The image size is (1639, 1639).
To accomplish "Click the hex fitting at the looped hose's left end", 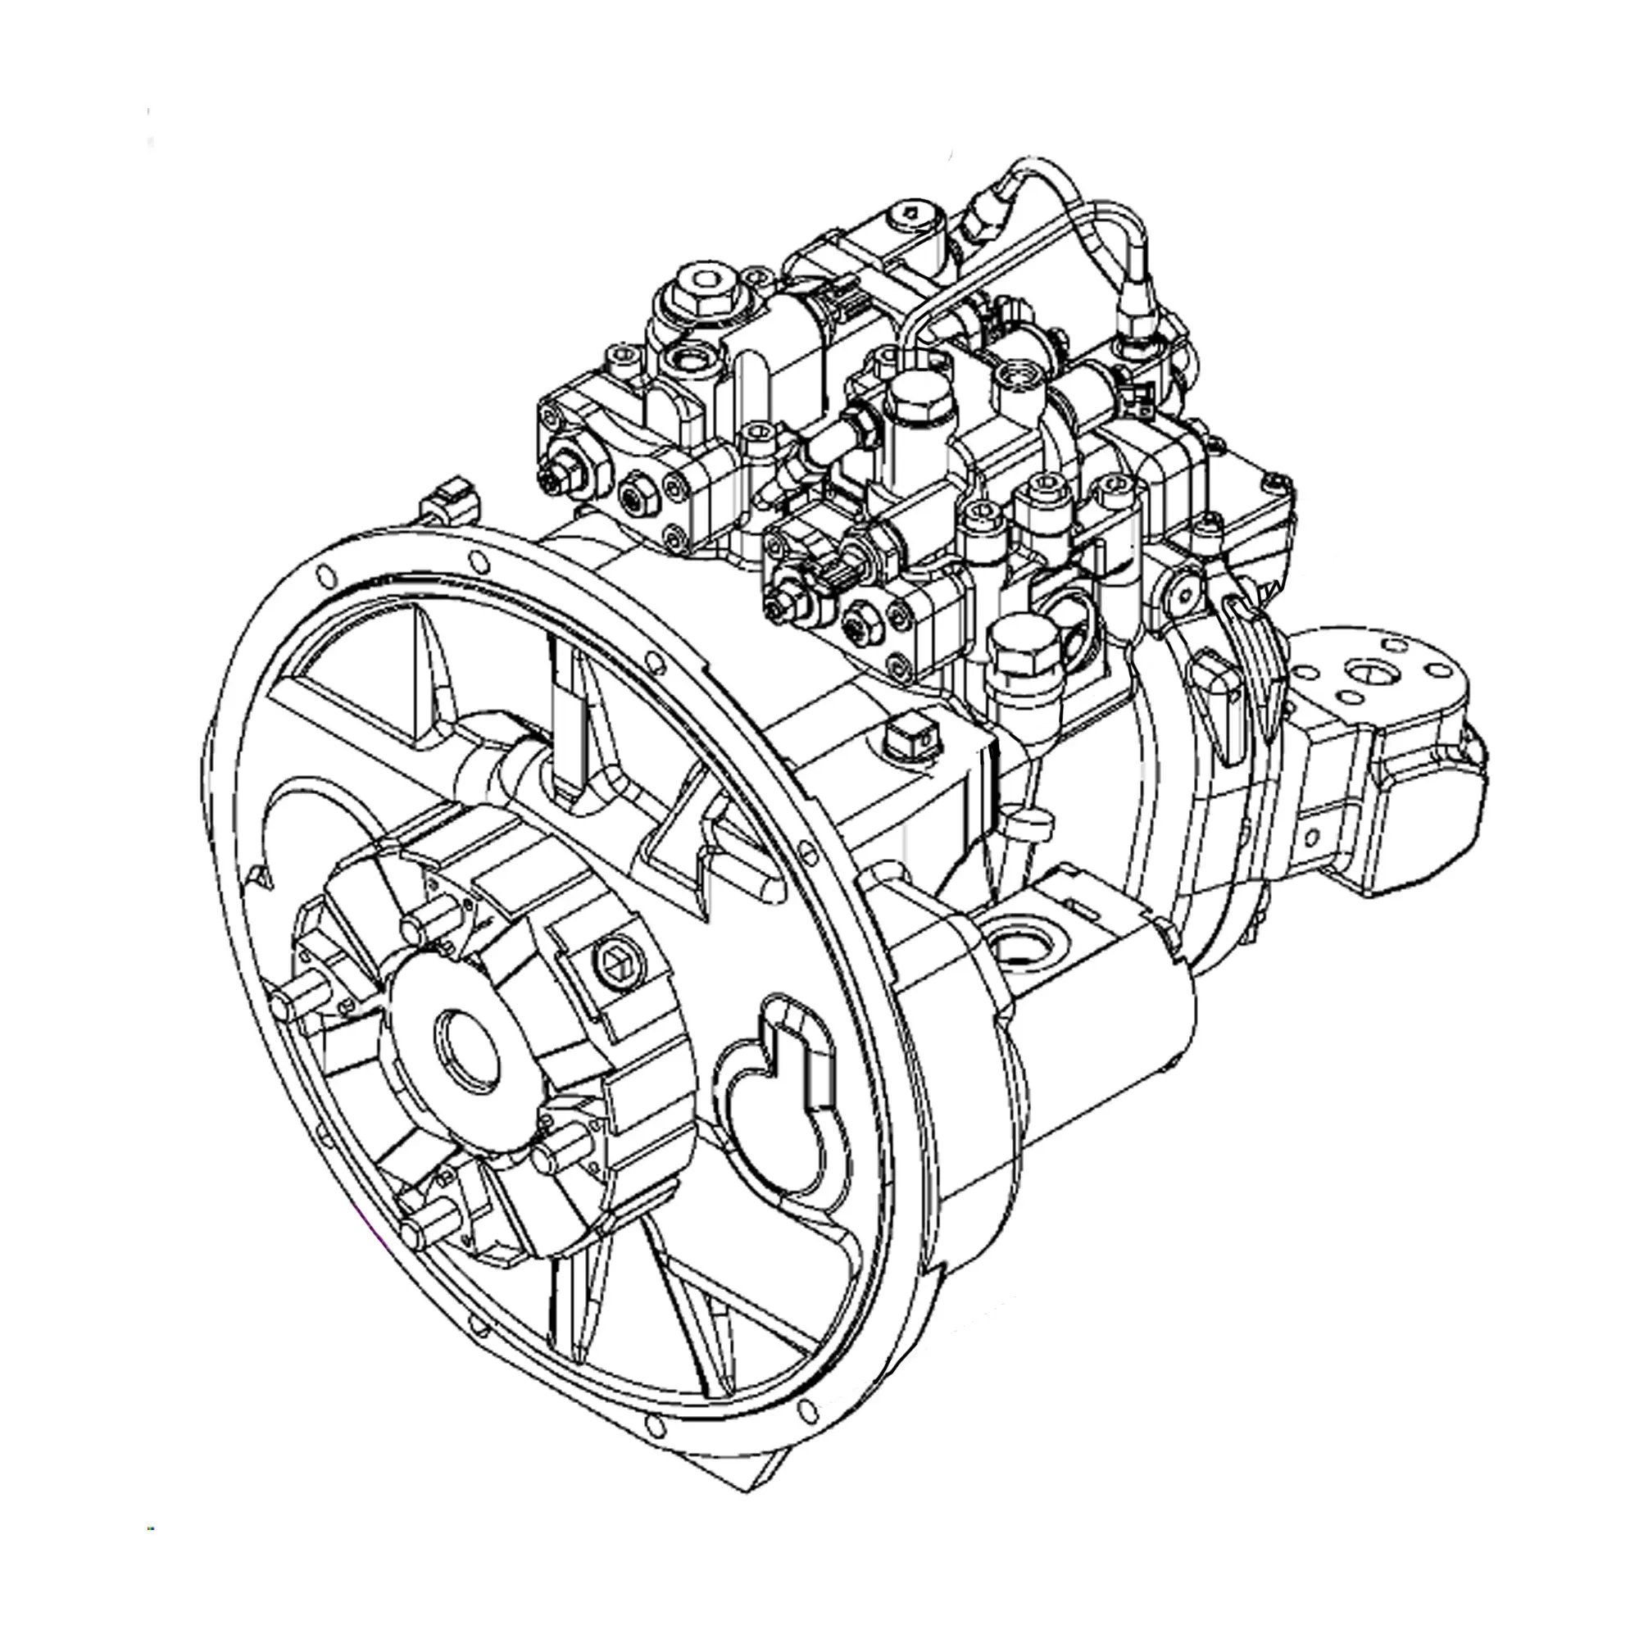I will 980,212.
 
